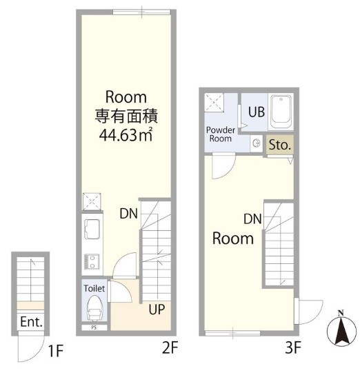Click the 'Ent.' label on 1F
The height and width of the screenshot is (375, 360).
(x=31, y=322)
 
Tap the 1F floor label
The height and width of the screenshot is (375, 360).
(x=55, y=351)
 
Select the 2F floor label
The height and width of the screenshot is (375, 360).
(x=170, y=347)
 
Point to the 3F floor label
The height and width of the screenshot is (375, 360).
(x=293, y=347)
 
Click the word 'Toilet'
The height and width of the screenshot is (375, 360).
(x=94, y=288)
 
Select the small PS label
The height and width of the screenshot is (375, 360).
(x=94, y=327)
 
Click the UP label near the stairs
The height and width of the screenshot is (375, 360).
(x=157, y=310)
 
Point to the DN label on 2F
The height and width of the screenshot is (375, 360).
(x=129, y=214)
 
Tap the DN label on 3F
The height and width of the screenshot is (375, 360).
(x=252, y=219)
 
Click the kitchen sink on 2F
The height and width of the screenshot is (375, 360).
(x=92, y=230)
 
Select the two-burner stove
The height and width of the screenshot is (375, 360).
(x=92, y=262)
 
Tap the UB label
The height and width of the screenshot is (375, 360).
(x=257, y=112)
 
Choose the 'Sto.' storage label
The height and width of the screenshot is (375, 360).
(x=280, y=145)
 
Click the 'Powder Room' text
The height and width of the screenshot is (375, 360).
(x=221, y=134)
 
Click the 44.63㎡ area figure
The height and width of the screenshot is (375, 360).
(x=126, y=135)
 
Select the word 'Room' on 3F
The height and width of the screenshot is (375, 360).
(x=233, y=239)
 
